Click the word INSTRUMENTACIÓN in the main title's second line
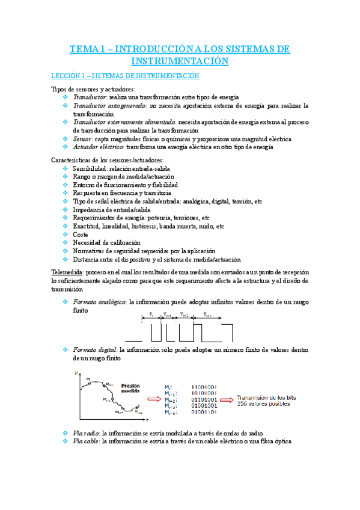(180, 61)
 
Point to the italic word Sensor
(83, 138)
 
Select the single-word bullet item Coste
(81, 235)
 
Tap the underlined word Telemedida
(67, 272)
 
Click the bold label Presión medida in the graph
(131, 389)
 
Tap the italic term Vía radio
(86, 432)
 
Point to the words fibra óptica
(274, 441)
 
